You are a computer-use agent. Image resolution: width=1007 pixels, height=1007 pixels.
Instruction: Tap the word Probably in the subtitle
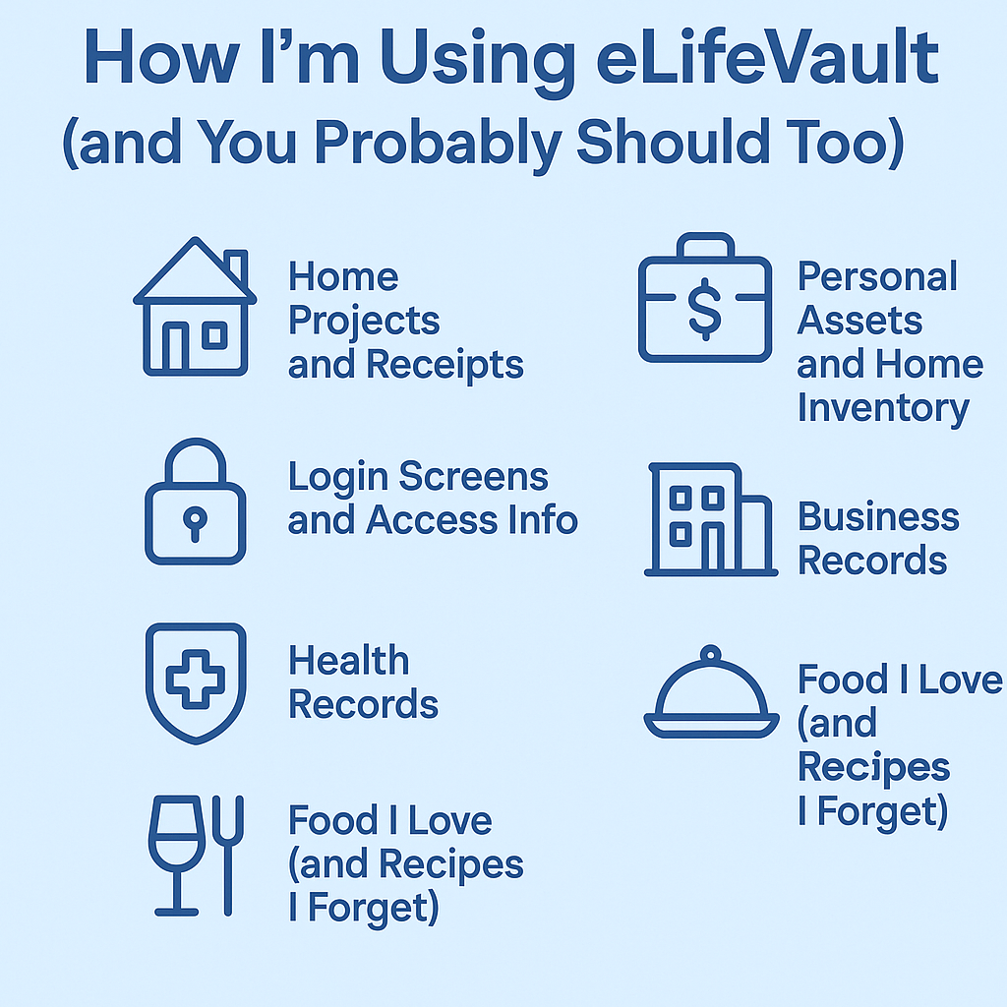pos(438,144)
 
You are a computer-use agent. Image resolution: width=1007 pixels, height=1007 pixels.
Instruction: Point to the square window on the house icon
pos(214,336)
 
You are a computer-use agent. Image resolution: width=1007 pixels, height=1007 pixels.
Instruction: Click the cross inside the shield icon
pos(196,679)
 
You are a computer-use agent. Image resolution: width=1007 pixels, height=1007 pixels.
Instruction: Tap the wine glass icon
pos(177,855)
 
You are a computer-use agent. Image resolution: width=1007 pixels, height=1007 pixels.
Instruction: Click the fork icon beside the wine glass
pos(228,855)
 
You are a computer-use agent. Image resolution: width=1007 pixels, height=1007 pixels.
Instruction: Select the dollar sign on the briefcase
pos(705,309)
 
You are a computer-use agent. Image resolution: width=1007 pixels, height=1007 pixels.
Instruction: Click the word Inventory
pos(883,409)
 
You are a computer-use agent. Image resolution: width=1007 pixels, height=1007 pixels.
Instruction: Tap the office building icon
pos(711,519)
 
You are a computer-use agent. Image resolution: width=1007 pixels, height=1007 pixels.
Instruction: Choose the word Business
pos(878,516)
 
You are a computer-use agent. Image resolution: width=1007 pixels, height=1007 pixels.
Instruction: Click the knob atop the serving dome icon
pos(710,654)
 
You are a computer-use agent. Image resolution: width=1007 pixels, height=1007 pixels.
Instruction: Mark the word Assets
pos(859,320)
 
